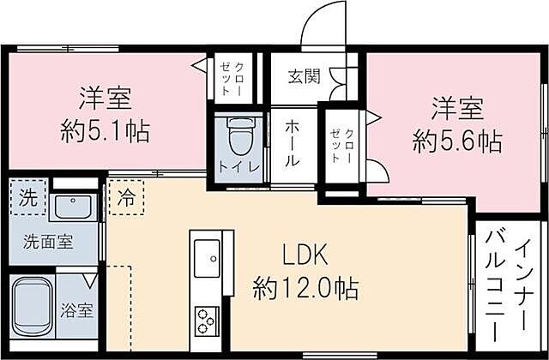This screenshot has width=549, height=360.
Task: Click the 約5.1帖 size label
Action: (106, 131)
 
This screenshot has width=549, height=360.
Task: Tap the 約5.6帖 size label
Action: (457, 140)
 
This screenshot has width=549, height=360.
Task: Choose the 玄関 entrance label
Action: (304, 76)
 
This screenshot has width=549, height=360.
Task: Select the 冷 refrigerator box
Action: (126, 195)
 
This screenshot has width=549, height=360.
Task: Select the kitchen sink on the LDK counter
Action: (208, 255)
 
